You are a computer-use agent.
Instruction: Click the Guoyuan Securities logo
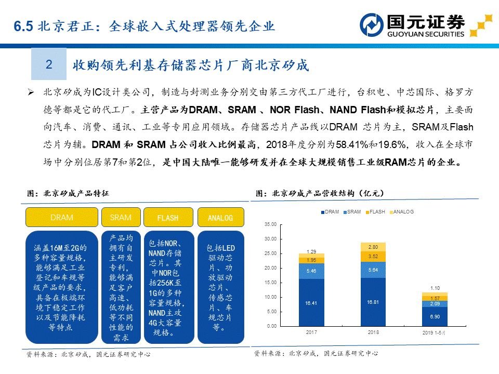[413, 24]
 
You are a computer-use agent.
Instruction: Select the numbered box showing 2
[49, 64]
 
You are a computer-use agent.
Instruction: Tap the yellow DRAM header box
[62, 218]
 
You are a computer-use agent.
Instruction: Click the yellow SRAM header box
[121, 218]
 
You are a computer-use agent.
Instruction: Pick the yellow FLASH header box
[167, 218]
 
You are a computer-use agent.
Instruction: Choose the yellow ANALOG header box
[220, 218]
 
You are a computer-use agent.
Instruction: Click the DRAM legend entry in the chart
[330, 212]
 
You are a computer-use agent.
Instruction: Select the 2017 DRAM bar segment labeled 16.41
[311, 303]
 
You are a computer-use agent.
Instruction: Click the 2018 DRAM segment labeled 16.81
[373, 302]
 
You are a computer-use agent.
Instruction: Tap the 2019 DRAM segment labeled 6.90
[435, 316]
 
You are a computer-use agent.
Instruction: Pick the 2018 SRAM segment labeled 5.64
[373, 270]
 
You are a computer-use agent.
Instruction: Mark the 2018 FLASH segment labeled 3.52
[373, 257]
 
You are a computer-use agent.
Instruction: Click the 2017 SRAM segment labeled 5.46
[311, 271]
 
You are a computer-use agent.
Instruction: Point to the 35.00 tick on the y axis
[270, 224]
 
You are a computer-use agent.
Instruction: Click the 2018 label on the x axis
[373, 332]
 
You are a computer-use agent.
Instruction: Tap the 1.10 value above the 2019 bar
[435, 288]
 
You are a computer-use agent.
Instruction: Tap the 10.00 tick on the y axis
[270, 297]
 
